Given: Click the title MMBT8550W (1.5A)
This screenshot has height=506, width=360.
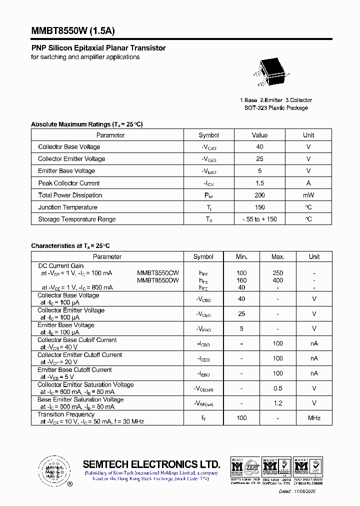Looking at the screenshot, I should click(x=73, y=30).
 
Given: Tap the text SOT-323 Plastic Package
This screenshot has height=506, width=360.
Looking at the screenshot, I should click(x=276, y=108).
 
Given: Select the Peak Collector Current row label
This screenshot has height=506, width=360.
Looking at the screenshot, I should click(x=69, y=183).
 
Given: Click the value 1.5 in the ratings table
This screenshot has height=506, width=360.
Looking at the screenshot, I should click(x=259, y=183).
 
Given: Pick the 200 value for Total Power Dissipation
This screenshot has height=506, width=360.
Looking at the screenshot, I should click(x=259, y=195).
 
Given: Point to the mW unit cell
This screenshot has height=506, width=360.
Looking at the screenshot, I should click(x=308, y=195).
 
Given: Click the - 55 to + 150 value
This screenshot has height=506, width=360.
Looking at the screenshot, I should click(x=259, y=219).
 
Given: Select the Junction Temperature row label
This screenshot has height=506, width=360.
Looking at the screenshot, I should click(x=68, y=207).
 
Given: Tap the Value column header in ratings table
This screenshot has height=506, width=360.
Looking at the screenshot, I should click(x=259, y=135).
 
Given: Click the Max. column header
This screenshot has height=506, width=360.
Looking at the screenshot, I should click(x=278, y=256).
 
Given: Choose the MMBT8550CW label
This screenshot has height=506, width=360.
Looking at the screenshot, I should click(x=158, y=273).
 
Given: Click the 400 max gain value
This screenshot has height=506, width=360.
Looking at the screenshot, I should click(x=278, y=280).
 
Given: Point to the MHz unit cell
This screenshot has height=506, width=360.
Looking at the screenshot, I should click(x=314, y=417).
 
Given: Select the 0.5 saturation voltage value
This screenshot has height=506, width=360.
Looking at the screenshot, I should click(x=278, y=388).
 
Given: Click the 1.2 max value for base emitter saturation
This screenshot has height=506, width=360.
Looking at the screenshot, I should click(x=278, y=403).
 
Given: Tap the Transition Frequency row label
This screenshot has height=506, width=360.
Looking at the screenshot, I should click(x=66, y=414).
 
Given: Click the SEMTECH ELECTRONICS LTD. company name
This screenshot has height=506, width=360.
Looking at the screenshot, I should click(x=151, y=464).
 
